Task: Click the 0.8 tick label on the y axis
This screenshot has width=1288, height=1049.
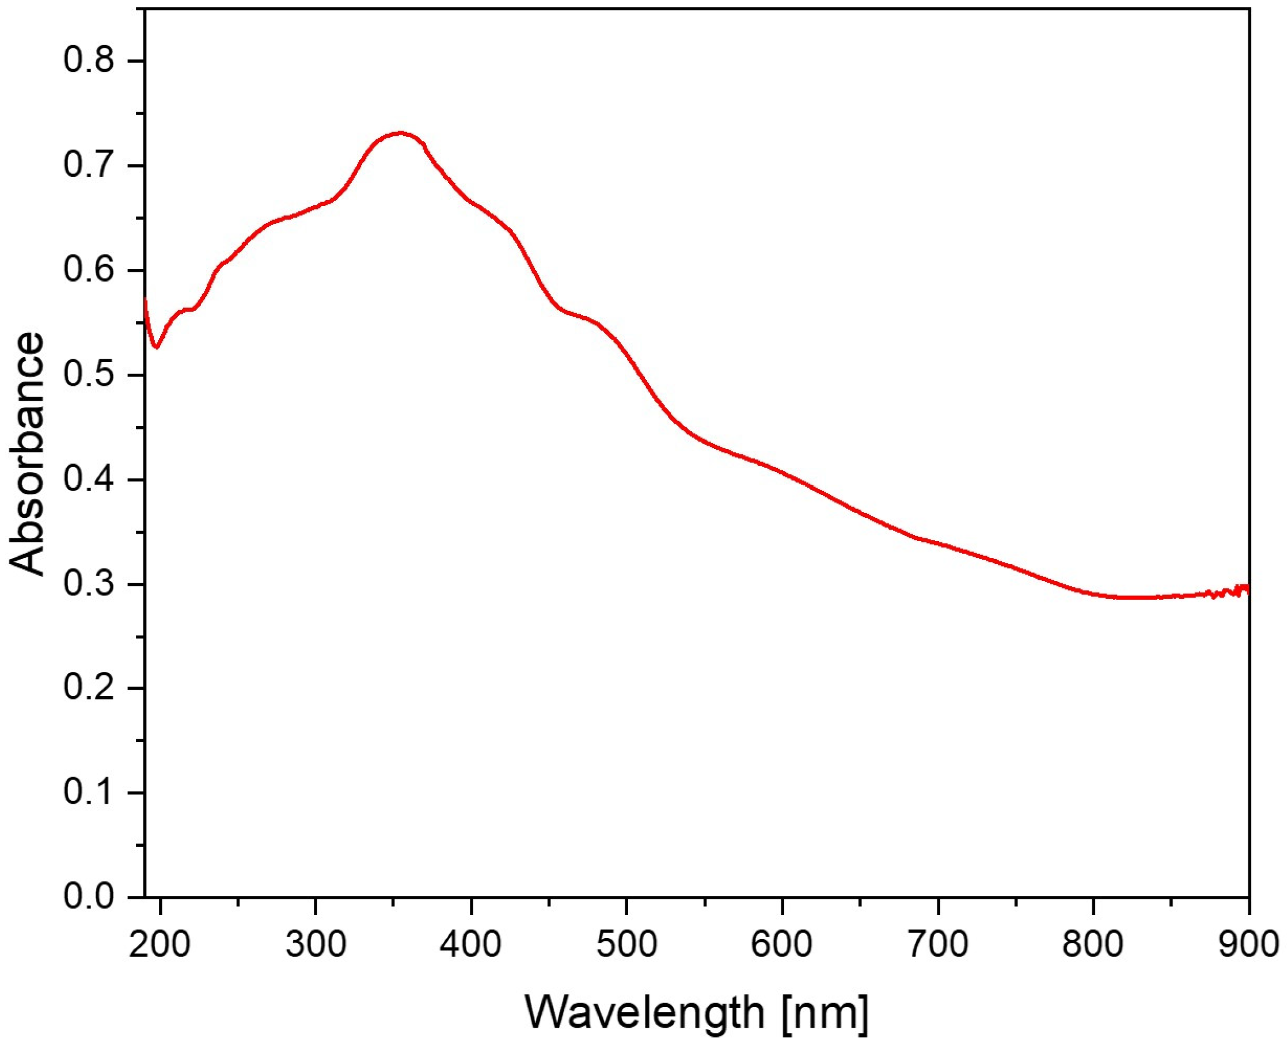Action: point(88,61)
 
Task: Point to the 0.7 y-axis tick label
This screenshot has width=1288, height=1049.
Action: point(88,166)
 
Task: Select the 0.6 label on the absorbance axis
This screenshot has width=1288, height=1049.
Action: point(88,270)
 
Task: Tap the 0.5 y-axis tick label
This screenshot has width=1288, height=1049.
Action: point(88,375)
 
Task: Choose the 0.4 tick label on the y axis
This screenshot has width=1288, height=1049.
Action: point(88,480)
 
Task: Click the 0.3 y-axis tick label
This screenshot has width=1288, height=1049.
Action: point(88,584)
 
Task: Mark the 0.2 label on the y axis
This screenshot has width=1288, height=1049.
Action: point(88,688)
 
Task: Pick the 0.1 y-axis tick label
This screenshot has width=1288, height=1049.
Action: point(88,793)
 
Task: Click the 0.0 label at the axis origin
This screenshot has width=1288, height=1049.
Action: point(88,898)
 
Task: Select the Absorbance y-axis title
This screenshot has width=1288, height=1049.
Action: point(28,454)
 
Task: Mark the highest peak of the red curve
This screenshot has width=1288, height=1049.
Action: point(400,132)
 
